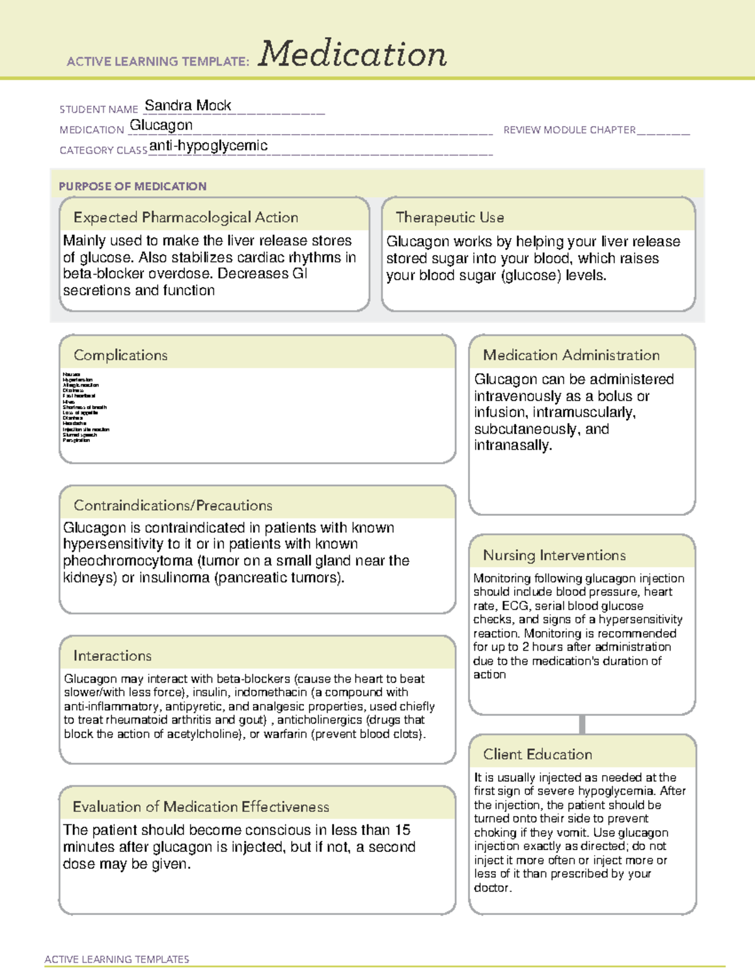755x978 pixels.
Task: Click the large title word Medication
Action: pos(352,54)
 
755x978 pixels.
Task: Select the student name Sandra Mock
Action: pos(187,105)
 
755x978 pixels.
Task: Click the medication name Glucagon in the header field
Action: pos(161,125)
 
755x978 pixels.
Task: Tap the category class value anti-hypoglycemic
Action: pos(208,145)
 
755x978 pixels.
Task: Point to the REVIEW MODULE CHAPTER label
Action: pos(569,130)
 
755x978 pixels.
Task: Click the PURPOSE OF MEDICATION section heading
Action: pos(132,186)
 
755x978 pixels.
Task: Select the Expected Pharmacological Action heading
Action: pos(186,217)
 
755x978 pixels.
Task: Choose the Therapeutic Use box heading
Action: pos(449,217)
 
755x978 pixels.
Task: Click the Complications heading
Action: pos(120,355)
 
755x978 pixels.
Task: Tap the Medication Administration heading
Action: pos(571,355)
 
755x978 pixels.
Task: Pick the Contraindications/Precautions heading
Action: pos(172,505)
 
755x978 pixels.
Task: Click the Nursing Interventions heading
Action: pos(554,555)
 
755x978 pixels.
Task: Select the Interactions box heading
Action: pos(112,656)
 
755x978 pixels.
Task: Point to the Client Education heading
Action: pos(537,754)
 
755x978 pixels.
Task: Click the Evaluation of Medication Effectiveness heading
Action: pos(201,807)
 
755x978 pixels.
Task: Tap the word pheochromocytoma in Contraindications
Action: pos(128,560)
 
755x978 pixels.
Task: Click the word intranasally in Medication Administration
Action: pos(512,445)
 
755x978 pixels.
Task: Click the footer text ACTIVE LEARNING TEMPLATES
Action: pos(116,959)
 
